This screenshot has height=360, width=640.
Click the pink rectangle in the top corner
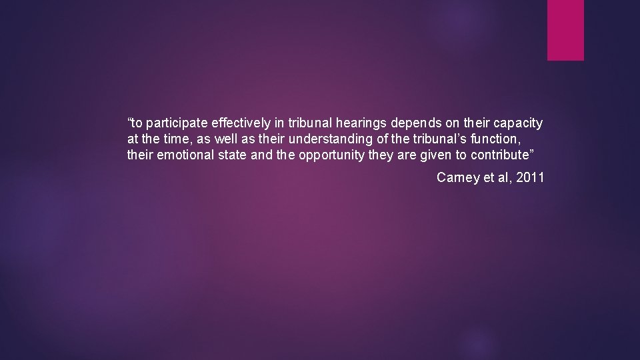tap(565, 30)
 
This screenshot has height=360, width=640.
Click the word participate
tap(176, 123)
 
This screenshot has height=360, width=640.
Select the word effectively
tap(240, 123)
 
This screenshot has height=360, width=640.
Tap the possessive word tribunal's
tap(441, 139)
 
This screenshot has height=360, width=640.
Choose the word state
tap(235, 155)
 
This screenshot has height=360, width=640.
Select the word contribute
tap(501, 155)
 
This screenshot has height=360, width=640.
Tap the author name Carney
tap(457, 177)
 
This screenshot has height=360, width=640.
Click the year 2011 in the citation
tap(530, 177)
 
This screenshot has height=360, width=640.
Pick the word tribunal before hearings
tap(307, 123)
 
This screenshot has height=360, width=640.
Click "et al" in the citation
tap(495, 177)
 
